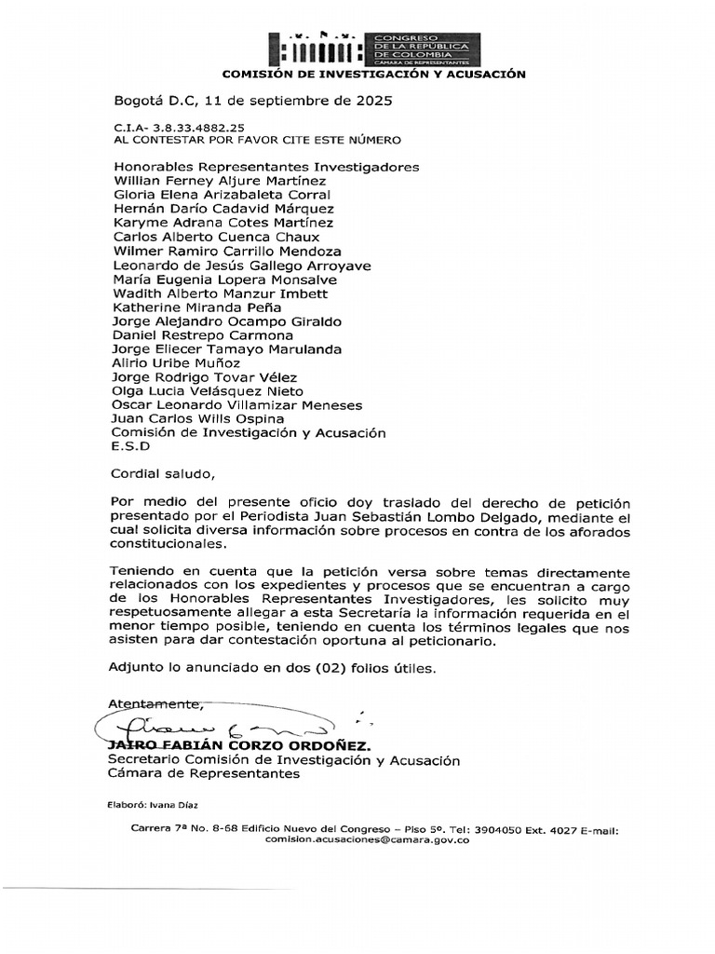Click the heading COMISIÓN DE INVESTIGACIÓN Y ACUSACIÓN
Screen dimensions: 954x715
click(x=372, y=74)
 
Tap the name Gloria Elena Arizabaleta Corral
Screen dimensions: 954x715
click(x=222, y=195)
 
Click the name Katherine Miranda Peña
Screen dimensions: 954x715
click(x=196, y=307)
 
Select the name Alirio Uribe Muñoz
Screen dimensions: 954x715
click(x=176, y=362)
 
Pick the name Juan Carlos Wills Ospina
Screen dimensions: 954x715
click(x=198, y=418)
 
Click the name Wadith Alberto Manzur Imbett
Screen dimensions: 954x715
click(x=220, y=293)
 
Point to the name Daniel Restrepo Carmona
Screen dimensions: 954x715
click(x=202, y=334)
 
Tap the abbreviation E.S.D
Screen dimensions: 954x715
click(x=129, y=446)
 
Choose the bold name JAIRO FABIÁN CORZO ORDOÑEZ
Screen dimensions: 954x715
click(x=239, y=746)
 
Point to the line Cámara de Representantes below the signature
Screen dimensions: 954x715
click(x=204, y=773)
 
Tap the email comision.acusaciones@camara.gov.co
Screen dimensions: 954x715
click(x=367, y=839)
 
